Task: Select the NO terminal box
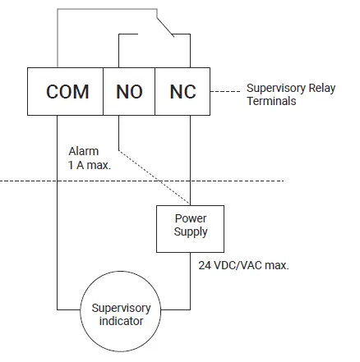129,91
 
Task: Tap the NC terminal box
182,91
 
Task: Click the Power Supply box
190,226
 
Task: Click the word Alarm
83,151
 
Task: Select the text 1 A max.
90,164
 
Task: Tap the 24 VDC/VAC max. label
243,266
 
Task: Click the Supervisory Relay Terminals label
283,94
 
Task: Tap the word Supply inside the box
190,232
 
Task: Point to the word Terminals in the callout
271,101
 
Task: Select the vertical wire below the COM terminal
57,213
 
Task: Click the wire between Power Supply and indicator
190,279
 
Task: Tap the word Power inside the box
190,219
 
